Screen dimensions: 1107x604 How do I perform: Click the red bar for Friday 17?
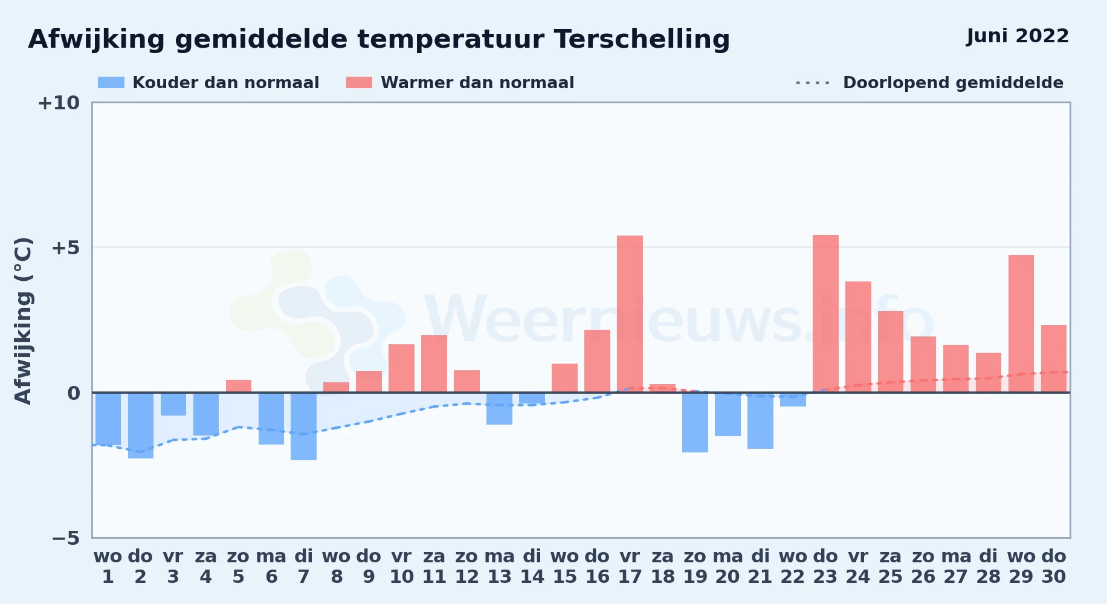[x=630, y=313]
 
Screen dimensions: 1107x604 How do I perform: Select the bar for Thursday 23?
[x=825, y=313]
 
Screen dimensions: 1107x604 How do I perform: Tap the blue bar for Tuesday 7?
[x=303, y=426]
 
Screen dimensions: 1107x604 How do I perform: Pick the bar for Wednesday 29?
[x=1021, y=324]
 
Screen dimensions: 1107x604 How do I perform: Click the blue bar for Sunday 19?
[x=695, y=423]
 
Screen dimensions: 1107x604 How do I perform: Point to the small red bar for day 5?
[x=239, y=386]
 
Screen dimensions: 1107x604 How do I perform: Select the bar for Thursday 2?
[x=141, y=426]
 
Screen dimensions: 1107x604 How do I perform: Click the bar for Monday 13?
[x=499, y=409]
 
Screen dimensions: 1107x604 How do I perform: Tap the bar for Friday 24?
[x=858, y=337]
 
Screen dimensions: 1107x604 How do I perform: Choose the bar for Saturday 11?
[x=434, y=364]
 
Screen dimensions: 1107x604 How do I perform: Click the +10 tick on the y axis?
[x=59, y=103]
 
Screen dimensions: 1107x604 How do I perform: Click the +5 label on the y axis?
[x=65, y=248]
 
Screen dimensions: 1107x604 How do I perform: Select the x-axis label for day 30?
[x=1054, y=567]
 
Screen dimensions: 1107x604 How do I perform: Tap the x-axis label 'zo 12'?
[x=466, y=567]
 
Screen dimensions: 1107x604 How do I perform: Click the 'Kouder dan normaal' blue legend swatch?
[x=111, y=83]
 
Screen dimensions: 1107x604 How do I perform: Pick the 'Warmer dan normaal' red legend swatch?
[x=359, y=83]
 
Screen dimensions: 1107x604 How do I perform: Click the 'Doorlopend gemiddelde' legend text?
[x=953, y=83]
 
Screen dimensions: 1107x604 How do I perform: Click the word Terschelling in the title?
[x=642, y=39]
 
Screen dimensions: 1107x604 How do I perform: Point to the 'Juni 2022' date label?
[x=1018, y=36]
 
